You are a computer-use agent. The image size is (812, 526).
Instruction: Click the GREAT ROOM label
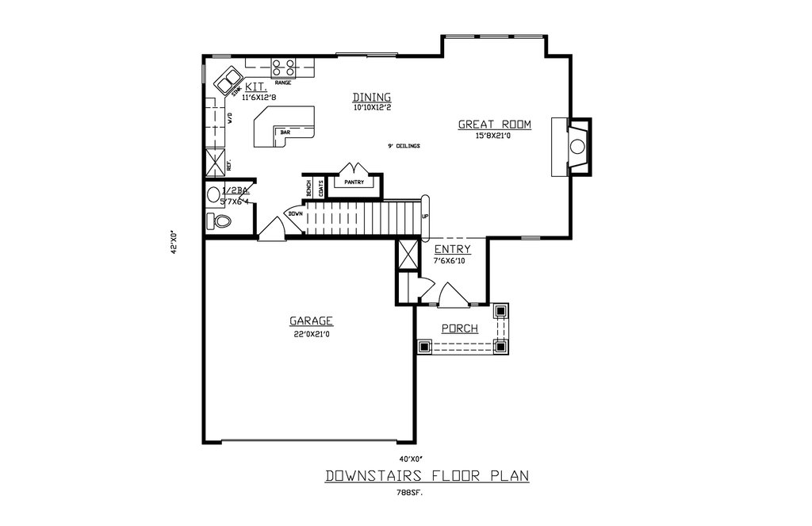[x=494, y=124]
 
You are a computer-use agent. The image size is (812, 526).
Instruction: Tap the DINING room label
[x=372, y=97]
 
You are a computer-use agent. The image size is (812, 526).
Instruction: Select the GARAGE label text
[x=311, y=321]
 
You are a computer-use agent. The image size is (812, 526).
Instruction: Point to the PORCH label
[x=460, y=328]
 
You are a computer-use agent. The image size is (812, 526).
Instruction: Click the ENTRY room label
[x=452, y=249]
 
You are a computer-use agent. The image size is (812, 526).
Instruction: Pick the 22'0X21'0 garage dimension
[x=311, y=334]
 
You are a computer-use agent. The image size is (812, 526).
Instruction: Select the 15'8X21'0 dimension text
[x=494, y=136]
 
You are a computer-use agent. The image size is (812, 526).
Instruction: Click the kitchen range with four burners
[x=283, y=67]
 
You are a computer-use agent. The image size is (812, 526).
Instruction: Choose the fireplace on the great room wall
[x=576, y=146]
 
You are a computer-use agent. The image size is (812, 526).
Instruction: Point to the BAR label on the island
[x=284, y=132]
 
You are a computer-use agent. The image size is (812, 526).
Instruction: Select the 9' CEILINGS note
[x=404, y=146]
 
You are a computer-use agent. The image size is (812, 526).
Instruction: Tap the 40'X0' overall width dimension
[x=411, y=459]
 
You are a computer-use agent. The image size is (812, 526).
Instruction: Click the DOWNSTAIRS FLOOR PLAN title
[x=427, y=476]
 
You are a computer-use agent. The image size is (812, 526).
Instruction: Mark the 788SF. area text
[x=410, y=493]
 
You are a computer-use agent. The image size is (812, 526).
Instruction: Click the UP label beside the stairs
[x=425, y=217]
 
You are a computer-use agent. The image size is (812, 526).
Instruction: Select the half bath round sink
[x=213, y=194]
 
